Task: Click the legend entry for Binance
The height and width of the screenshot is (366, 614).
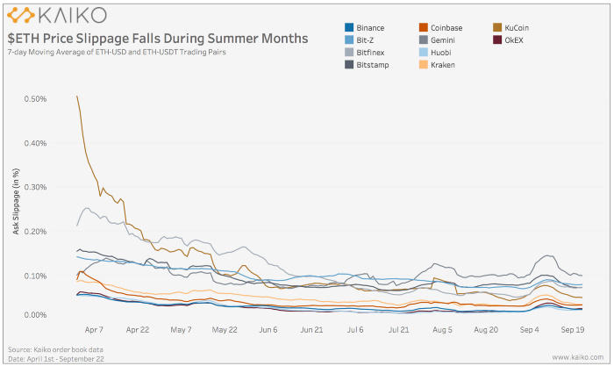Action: pos(369,27)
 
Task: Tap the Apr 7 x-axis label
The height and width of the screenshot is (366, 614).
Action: pos(94,330)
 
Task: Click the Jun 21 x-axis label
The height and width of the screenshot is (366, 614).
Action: pos(312,330)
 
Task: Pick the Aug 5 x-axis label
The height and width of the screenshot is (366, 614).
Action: pos(443,330)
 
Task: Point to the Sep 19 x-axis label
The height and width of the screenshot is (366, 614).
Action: pos(573,330)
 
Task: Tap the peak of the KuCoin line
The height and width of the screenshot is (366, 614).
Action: pos(78,97)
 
